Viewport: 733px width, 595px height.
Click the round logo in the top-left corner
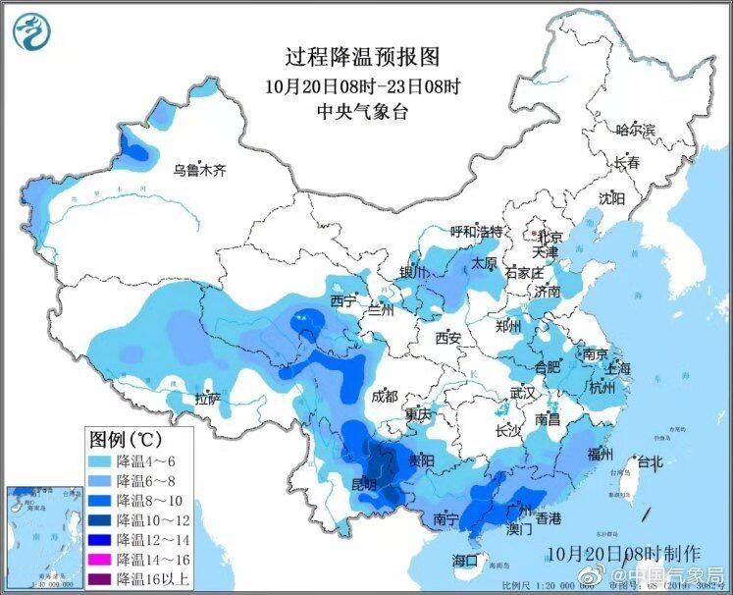tap(32, 30)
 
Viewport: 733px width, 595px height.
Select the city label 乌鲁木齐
tap(199, 170)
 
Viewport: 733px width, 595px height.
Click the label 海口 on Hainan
tap(464, 560)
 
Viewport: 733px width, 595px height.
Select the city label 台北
tap(651, 461)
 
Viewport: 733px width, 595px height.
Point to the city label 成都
tap(385, 396)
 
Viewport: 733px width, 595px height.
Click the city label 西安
tap(447, 337)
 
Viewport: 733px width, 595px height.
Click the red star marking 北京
tap(534, 236)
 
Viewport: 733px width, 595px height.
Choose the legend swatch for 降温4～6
tap(100, 460)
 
